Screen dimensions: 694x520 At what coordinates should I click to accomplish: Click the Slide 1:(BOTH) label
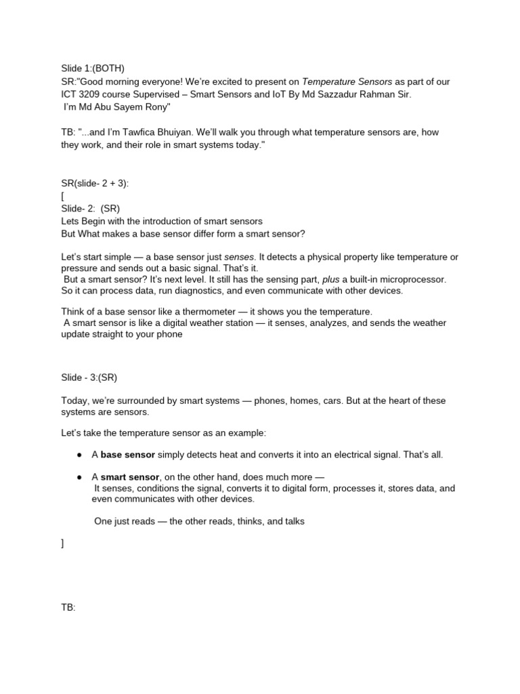pyautogui.click(x=92, y=68)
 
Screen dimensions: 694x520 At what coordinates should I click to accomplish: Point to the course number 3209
pyautogui.click(x=93, y=94)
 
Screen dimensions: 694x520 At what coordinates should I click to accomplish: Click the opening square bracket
pyautogui.click(x=62, y=196)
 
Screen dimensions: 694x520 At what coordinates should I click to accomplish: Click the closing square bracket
pyautogui.click(x=62, y=544)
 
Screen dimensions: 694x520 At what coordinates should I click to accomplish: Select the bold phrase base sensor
pyautogui.click(x=128, y=454)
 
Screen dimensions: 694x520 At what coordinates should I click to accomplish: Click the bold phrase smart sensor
pyautogui.click(x=130, y=476)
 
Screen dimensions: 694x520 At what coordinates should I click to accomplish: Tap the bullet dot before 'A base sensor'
pyautogui.click(x=79, y=454)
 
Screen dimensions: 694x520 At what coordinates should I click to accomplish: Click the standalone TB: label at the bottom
pyautogui.click(x=68, y=608)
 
